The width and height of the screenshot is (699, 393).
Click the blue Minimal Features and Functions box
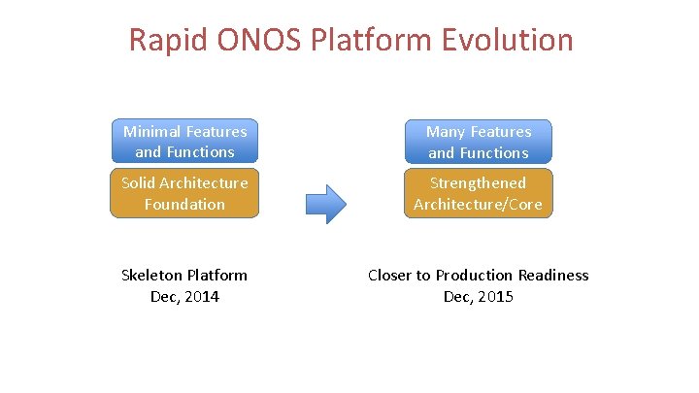click(x=184, y=142)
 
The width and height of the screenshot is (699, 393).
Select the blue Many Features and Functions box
click(x=480, y=142)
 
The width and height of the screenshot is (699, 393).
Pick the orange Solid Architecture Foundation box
click(x=184, y=193)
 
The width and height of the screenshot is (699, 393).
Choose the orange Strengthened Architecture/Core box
click(x=480, y=193)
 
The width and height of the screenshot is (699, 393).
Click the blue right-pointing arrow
click(x=326, y=203)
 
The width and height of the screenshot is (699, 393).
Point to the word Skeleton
click(x=152, y=276)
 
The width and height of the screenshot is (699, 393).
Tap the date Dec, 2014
click(x=184, y=297)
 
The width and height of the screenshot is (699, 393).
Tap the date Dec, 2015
click(x=478, y=297)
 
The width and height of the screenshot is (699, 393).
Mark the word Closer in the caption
click(x=390, y=276)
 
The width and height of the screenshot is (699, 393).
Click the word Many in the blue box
click(x=446, y=131)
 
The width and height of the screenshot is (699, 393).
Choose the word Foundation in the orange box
click(x=184, y=204)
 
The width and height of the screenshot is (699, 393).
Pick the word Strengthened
click(x=479, y=182)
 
